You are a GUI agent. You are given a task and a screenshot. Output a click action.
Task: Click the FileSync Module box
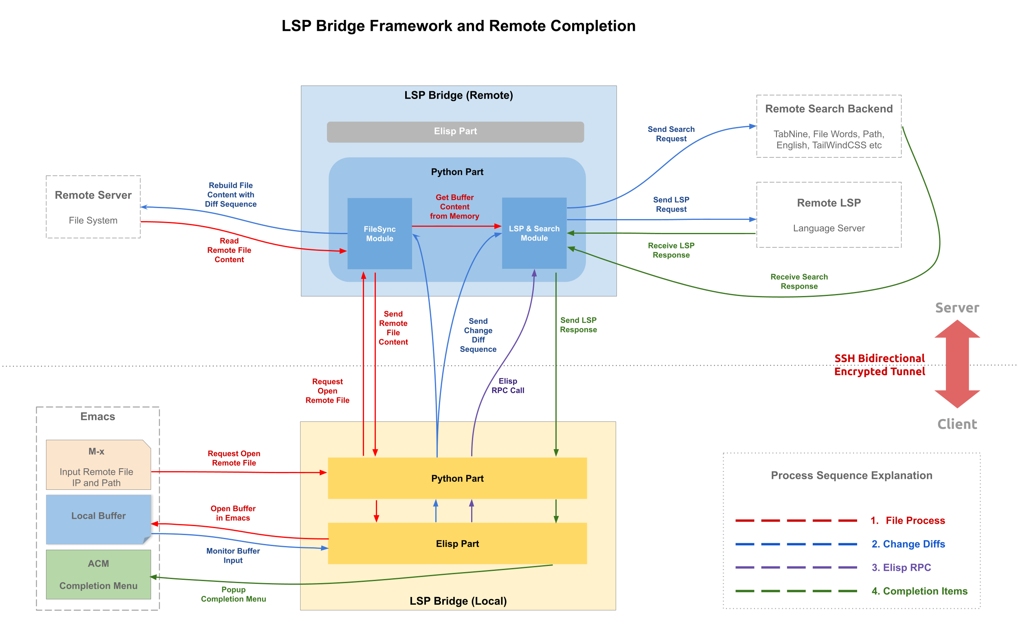[380, 234]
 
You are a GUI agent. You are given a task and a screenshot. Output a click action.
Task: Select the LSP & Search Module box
[534, 233]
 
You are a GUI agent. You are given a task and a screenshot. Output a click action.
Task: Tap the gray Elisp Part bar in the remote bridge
[455, 132]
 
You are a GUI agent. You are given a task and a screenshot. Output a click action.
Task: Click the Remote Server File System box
[93, 207]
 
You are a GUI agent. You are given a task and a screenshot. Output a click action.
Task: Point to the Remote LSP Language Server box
[829, 215]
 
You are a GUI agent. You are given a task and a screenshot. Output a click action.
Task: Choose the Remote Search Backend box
[829, 126]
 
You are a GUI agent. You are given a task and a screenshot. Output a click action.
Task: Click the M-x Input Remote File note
[98, 465]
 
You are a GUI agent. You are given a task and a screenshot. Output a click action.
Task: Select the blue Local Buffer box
[98, 519]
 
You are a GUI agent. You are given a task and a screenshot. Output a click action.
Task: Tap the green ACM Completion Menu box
[98, 575]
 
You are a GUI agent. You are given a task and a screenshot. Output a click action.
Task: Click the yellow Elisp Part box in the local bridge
[457, 544]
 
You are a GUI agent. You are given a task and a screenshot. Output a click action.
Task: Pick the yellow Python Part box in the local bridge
[457, 478]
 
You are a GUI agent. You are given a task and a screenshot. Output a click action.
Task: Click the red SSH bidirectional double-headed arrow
[957, 364]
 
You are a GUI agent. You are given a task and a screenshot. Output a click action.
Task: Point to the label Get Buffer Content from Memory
[454, 207]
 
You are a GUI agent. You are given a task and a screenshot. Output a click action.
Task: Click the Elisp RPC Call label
[508, 386]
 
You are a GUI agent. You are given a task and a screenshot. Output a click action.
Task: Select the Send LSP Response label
[578, 325]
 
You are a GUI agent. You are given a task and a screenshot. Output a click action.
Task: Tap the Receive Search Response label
[799, 281]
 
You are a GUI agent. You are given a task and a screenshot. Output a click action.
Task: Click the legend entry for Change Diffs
[908, 544]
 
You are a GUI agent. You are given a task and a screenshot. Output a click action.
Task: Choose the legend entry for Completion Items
[919, 591]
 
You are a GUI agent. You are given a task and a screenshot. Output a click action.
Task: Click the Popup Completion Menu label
[233, 594]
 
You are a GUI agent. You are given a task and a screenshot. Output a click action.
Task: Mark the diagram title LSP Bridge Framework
[458, 26]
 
